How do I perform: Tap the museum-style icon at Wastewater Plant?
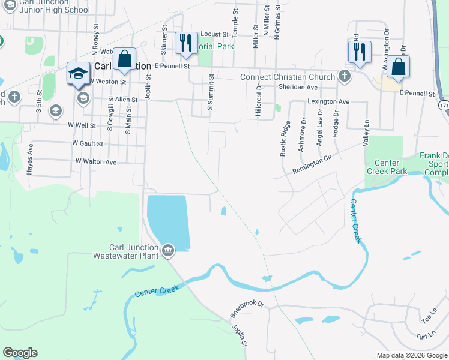pyautogui.click(x=167, y=250)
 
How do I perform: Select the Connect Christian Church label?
pyautogui.click(x=287, y=77)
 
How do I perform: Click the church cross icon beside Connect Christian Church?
pyautogui.click(x=344, y=76)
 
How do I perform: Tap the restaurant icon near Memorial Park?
pyautogui.click(x=185, y=43)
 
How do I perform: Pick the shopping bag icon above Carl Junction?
pyautogui.click(x=125, y=59)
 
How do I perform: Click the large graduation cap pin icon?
pyautogui.click(x=77, y=73)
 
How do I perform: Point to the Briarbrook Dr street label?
pyautogui.click(x=247, y=309)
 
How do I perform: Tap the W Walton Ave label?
pyautogui.click(x=96, y=162)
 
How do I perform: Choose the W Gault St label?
pyautogui.click(x=88, y=144)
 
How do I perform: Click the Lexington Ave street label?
pyautogui.click(x=328, y=102)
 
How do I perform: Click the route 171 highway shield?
pyautogui.click(x=443, y=106)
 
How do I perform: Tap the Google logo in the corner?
pyautogui.click(x=20, y=353)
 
